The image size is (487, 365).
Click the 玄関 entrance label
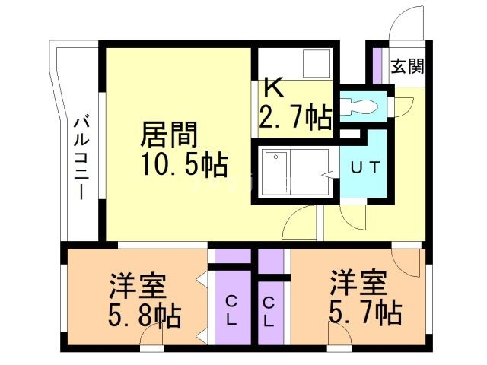pos(408,67)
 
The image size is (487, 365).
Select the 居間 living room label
pos(169,135)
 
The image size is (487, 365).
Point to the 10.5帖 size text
pos(182,163)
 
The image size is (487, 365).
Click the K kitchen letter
pos(274,88)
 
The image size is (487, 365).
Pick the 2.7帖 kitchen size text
pos(295,116)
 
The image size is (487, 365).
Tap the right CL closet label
pos(269,312)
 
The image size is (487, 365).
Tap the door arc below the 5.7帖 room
pos(339,333)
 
